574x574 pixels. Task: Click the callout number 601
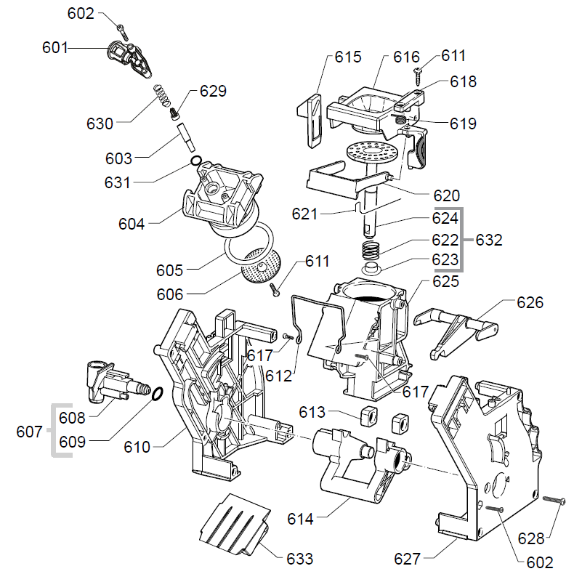click(x=55, y=48)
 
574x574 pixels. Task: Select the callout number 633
click(x=299, y=559)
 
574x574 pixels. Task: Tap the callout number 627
click(x=407, y=559)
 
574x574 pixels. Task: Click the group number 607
click(x=30, y=432)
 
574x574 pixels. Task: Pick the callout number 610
click(x=137, y=447)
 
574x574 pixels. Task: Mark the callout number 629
click(x=213, y=92)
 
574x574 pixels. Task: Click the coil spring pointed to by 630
click(x=161, y=96)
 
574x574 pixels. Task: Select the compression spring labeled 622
click(x=372, y=251)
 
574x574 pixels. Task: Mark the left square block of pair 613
click(x=366, y=416)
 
